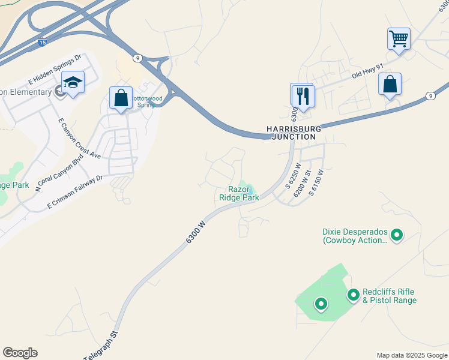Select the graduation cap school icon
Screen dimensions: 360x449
coord(73,83)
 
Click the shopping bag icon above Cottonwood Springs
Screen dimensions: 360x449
coord(121,98)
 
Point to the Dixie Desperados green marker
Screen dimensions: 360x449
coord(396,235)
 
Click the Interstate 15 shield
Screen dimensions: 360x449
coord(41,43)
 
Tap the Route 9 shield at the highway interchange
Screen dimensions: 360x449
coord(138,58)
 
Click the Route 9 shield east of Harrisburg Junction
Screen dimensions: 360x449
coord(430,96)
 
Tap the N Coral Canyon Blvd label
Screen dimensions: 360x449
coord(58,171)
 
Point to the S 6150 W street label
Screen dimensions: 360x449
coord(316,182)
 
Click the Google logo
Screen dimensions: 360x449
coord(20,353)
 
